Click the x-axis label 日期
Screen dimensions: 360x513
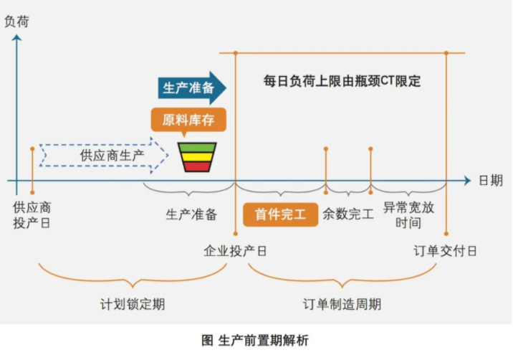click(491, 180)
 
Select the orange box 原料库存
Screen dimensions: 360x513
click(188, 119)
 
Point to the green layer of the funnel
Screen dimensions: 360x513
click(196, 148)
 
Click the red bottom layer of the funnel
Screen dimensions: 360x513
click(196, 166)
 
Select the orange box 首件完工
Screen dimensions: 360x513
click(280, 214)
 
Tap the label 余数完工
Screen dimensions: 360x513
click(348, 214)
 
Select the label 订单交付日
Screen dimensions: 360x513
click(445, 252)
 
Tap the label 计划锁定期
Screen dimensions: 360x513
click(133, 304)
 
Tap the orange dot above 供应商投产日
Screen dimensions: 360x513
click(32, 148)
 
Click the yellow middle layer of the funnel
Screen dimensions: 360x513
click(196, 157)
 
